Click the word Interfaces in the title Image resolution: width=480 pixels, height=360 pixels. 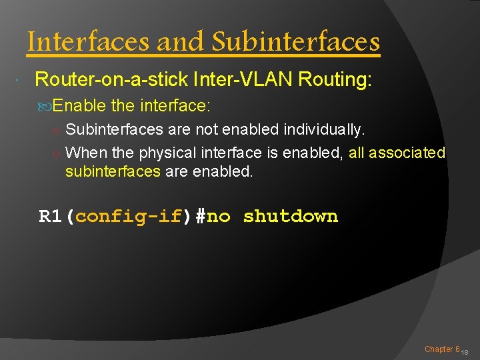click(x=89, y=42)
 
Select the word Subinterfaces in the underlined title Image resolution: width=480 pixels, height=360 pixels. click(x=296, y=42)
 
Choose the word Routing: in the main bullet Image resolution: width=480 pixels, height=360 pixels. click(x=335, y=80)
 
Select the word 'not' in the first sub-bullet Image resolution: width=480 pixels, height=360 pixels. click(x=206, y=129)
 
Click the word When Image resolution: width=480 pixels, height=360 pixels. click(x=84, y=153)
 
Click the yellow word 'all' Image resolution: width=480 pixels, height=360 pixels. click(x=357, y=153)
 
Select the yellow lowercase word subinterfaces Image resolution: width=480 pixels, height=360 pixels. click(x=113, y=171)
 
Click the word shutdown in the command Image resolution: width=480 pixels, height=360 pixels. click(x=291, y=217)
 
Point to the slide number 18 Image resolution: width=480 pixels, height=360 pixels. click(x=465, y=352)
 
